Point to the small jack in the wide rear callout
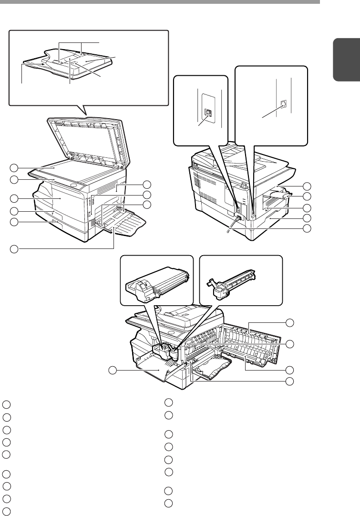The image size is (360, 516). [x=283, y=103]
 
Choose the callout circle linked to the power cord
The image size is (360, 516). [x=307, y=228]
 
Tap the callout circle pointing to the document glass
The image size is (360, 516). [x=14, y=167]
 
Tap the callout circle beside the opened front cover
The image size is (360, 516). [x=112, y=370]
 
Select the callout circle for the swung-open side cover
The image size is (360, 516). [x=289, y=323]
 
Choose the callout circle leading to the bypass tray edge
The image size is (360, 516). [x=14, y=248]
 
